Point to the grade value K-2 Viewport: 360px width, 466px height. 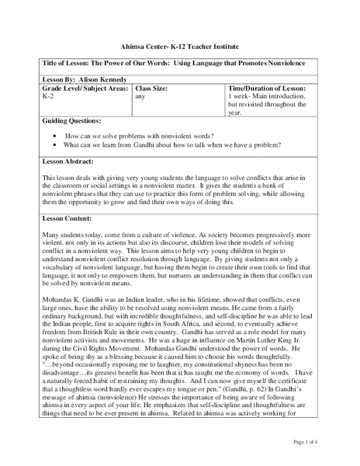(46, 98)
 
